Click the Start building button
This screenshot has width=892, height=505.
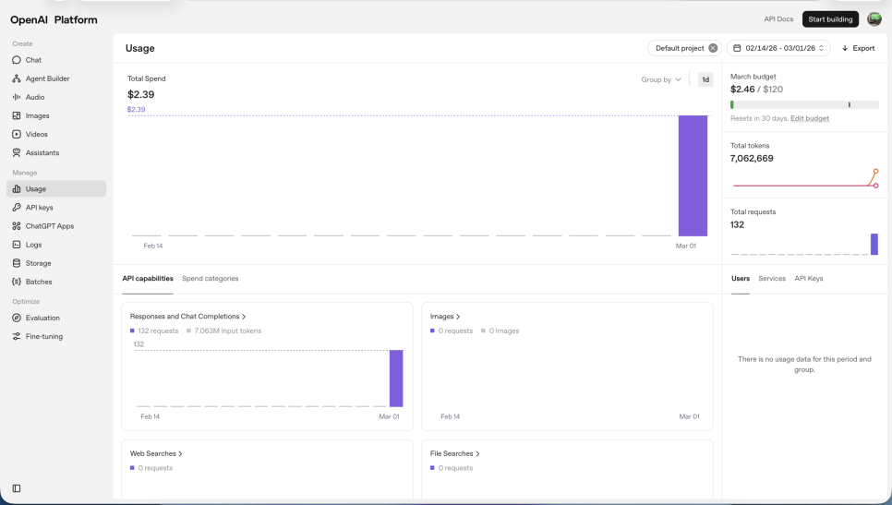[x=830, y=19]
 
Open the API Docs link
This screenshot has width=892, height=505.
[x=778, y=19]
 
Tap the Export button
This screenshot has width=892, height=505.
[x=858, y=48]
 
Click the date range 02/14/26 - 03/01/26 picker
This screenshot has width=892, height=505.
[x=778, y=48]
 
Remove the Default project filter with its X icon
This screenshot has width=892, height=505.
[x=713, y=48]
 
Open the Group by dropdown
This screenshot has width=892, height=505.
[x=661, y=79]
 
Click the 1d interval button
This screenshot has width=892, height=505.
[x=705, y=79]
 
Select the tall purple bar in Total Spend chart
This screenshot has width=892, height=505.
[x=693, y=175]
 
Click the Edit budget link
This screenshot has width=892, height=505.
[x=810, y=118]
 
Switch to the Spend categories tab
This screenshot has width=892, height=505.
[x=210, y=279]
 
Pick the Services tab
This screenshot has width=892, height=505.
[x=772, y=279]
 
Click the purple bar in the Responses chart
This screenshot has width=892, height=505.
[x=396, y=379]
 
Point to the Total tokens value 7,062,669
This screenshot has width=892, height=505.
[x=752, y=159]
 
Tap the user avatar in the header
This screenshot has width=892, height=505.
[x=874, y=19]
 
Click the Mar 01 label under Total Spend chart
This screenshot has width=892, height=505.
[x=685, y=246]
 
